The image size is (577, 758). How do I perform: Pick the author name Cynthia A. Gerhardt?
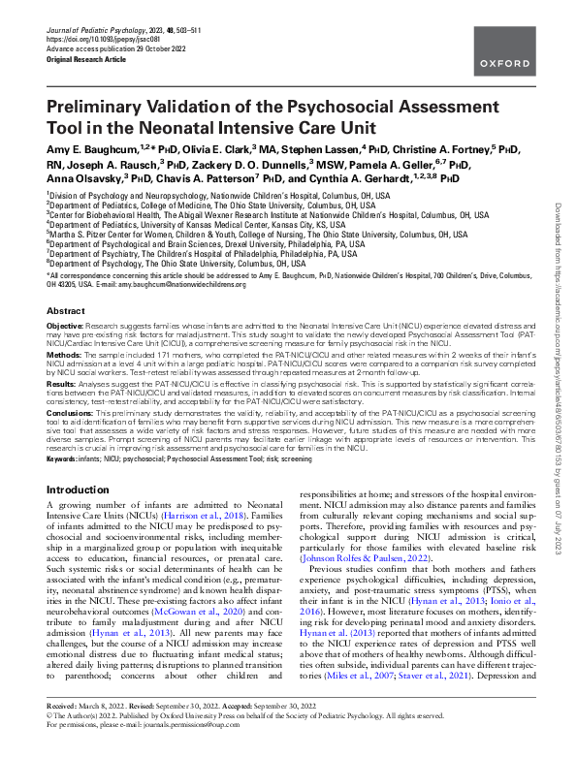pos(349,178)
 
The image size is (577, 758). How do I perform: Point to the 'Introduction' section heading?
pos(79,490)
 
